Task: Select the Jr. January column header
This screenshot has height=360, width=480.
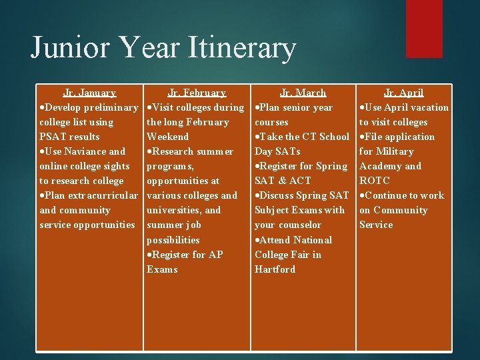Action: [x=89, y=93]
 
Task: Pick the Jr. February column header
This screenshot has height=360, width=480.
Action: [x=197, y=93]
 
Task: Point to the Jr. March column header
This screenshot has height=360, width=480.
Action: [x=303, y=93]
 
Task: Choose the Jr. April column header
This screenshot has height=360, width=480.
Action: [x=404, y=93]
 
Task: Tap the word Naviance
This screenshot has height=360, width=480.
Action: [x=83, y=151]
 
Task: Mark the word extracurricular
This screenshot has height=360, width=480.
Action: [x=104, y=195]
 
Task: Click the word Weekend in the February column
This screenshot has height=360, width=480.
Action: [x=168, y=137]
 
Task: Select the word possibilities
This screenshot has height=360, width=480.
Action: [x=173, y=239]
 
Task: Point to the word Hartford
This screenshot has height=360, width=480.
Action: [x=275, y=269]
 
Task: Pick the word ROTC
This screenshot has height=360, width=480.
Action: [x=374, y=181]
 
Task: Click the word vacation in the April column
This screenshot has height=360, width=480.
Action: [x=427, y=107]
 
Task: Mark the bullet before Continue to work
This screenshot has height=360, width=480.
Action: [x=362, y=196]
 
